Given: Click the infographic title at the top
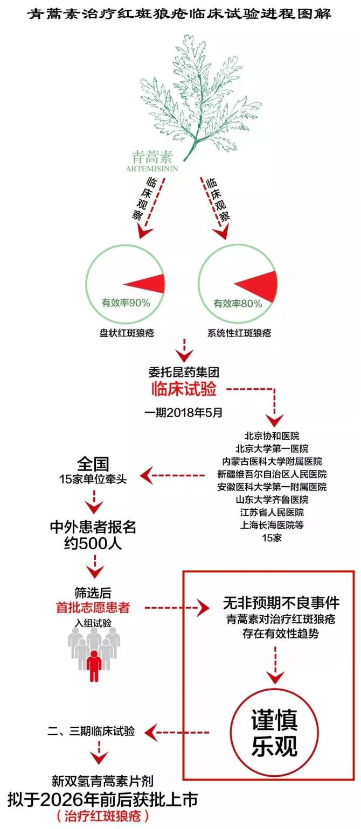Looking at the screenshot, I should [180, 13].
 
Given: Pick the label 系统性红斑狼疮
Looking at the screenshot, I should [239, 333].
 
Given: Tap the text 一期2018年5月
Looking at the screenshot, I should [183, 414].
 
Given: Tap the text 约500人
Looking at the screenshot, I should [93, 543].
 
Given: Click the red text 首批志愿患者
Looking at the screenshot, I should [93, 608].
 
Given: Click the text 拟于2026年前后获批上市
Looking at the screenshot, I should [102, 800].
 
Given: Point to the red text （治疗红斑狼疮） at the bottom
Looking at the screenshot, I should [102, 816].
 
